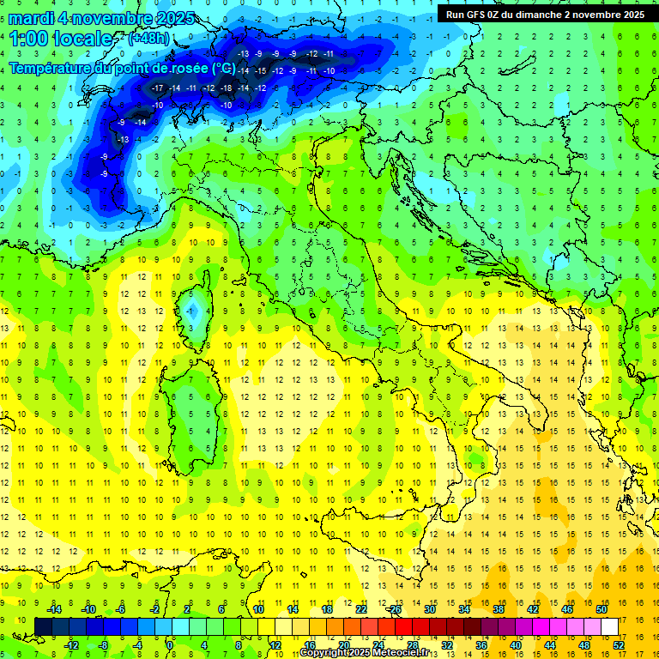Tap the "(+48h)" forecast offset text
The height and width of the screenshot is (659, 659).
click(x=148, y=39)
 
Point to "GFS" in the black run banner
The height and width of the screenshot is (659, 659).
click(x=478, y=15)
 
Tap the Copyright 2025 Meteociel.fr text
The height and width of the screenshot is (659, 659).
click(x=365, y=653)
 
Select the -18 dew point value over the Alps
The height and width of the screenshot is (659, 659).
click(x=226, y=88)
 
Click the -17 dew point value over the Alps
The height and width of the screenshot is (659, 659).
click(x=157, y=88)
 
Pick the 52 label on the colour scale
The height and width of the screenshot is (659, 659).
click(x=619, y=645)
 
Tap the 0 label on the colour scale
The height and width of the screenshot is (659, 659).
click(x=170, y=645)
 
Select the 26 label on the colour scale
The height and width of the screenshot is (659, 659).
click(x=395, y=609)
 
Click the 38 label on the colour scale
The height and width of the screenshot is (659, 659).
click(x=498, y=609)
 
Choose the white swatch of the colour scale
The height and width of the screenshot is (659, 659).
click(x=610, y=626)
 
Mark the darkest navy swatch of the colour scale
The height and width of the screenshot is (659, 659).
click(x=44, y=626)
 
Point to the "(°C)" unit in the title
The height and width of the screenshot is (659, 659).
click(x=224, y=68)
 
